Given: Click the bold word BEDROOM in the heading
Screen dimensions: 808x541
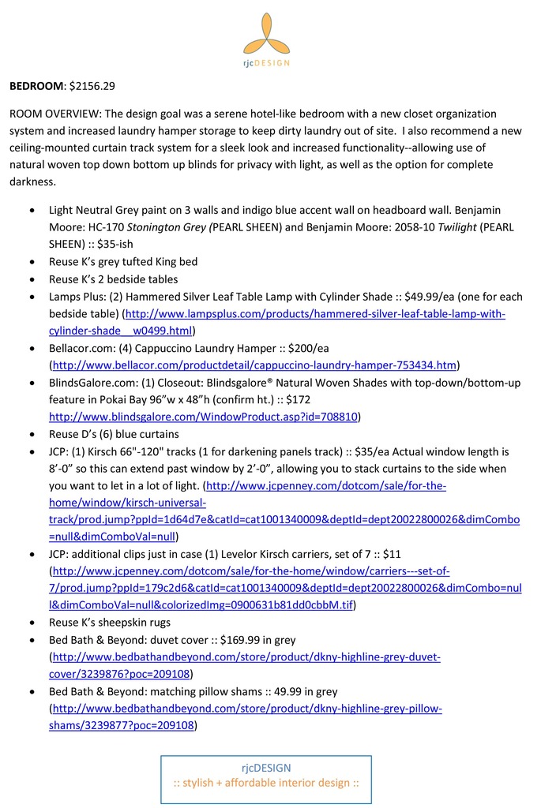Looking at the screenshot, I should [x=36, y=84].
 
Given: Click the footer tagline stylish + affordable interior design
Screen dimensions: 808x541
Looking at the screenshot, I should [x=266, y=783].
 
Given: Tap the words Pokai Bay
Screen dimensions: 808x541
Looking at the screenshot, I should [x=125, y=399].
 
